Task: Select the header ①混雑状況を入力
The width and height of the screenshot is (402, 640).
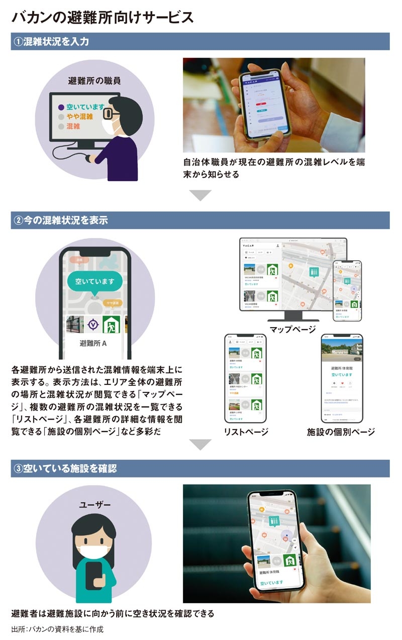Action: (50, 42)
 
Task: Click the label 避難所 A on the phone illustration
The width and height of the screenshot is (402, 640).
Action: (94, 344)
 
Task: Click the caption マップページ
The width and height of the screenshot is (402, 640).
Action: (292, 330)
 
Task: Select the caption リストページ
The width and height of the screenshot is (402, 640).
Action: (246, 432)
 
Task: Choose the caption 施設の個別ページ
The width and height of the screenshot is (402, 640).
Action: (341, 432)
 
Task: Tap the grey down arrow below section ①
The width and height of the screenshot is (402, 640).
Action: (200, 195)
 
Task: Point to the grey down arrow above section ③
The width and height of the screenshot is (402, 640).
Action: (200, 444)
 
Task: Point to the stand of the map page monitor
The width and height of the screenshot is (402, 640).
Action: (292, 316)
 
